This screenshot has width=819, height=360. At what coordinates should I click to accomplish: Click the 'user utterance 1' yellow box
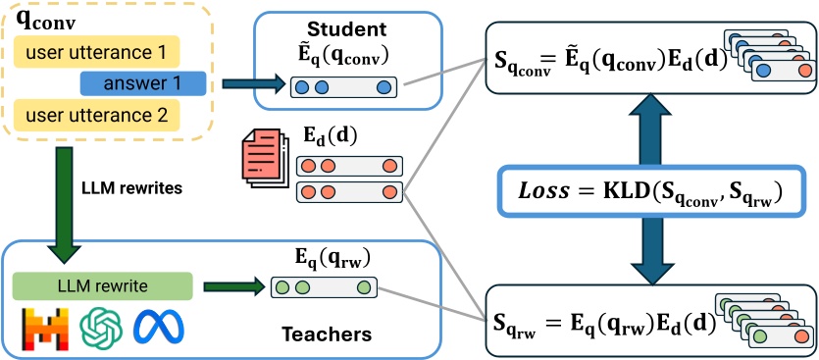point(96,51)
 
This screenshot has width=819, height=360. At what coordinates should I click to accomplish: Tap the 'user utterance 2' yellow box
point(96,116)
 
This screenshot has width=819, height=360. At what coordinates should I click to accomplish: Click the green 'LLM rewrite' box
point(102,286)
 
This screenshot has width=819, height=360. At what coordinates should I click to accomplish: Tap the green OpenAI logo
point(99,327)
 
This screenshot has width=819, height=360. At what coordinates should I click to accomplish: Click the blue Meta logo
point(156,327)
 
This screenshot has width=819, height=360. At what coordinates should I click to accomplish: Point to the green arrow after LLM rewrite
point(233,287)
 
